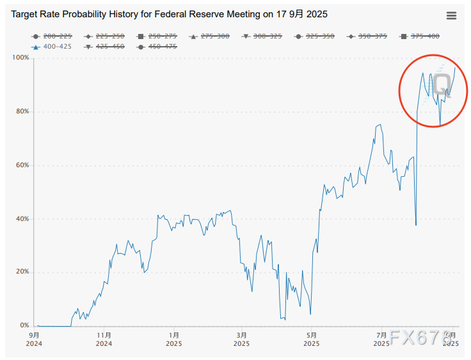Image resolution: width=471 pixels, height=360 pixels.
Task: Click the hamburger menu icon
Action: click(x=451, y=16)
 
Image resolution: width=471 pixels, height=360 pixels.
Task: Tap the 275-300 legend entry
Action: click(x=209, y=36)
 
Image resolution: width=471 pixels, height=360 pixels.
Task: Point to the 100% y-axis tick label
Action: click(x=21, y=58)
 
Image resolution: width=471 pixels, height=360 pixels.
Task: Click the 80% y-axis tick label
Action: click(x=22, y=111)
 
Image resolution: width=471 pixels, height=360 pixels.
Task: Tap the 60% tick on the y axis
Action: click(x=22, y=165)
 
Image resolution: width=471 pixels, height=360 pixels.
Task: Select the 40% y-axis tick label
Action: click(x=22, y=219)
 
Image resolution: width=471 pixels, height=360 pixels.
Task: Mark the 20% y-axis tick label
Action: click(x=22, y=272)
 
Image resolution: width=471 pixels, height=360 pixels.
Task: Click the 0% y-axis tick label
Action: click(x=24, y=326)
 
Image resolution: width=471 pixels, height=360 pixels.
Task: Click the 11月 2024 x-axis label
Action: click(x=104, y=339)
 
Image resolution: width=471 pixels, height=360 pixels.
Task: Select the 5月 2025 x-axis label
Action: click(x=312, y=339)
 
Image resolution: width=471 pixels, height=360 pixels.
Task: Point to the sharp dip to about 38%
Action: click(x=416, y=225)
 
